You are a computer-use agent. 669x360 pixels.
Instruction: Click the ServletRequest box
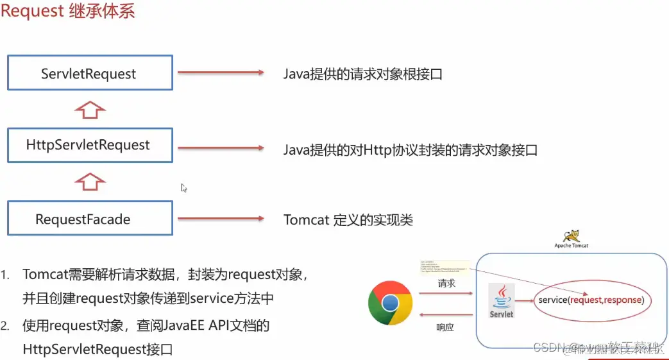click(90, 73)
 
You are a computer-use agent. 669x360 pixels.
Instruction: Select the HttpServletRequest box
click(90, 145)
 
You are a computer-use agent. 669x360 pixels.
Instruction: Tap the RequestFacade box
click(90, 219)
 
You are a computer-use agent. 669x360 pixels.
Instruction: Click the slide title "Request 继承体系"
click(68, 12)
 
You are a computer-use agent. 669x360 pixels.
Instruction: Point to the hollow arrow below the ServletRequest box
click(90, 110)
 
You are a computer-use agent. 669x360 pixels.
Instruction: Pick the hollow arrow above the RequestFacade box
click(90, 182)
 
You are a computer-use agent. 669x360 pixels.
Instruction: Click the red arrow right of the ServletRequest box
click(220, 73)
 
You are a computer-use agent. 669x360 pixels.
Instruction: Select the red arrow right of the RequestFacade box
click(220, 219)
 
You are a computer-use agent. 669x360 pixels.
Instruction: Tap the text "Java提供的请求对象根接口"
click(363, 74)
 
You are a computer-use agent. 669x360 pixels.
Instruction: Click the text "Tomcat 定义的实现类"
click(348, 220)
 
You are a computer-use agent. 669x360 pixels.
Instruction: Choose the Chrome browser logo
click(390, 304)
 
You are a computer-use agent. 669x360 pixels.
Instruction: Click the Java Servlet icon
click(501, 300)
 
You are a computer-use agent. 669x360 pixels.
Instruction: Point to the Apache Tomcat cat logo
click(568, 236)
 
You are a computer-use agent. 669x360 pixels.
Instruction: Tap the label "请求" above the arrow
click(446, 283)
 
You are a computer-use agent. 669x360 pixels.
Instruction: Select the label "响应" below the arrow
click(445, 327)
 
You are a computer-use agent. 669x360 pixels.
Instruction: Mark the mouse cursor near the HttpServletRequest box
click(183, 188)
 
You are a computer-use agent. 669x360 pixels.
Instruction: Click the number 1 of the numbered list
click(5, 275)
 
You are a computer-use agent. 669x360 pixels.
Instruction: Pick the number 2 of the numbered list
click(5, 326)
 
